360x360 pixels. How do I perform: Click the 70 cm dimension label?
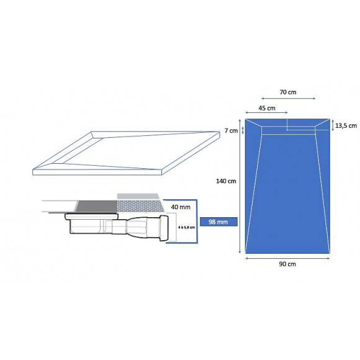(287, 92)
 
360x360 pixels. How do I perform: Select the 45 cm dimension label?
(267, 107)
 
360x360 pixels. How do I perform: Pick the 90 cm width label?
(287, 263)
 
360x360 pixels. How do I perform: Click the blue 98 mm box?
(215, 222)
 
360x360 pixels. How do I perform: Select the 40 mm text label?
(180, 206)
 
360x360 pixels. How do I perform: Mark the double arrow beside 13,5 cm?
(332, 124)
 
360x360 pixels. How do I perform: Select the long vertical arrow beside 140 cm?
(240, 186)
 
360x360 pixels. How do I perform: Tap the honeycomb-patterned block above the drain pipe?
(140, 206)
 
